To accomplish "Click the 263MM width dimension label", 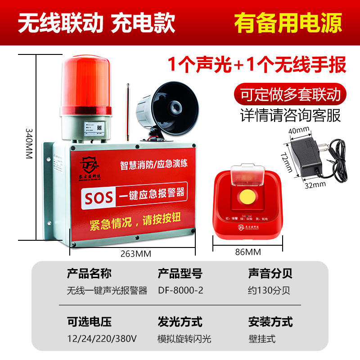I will coord(135,253).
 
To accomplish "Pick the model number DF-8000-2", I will coord(180,290).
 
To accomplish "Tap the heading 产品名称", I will coord(89,274).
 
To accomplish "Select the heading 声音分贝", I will coord(270,274).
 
